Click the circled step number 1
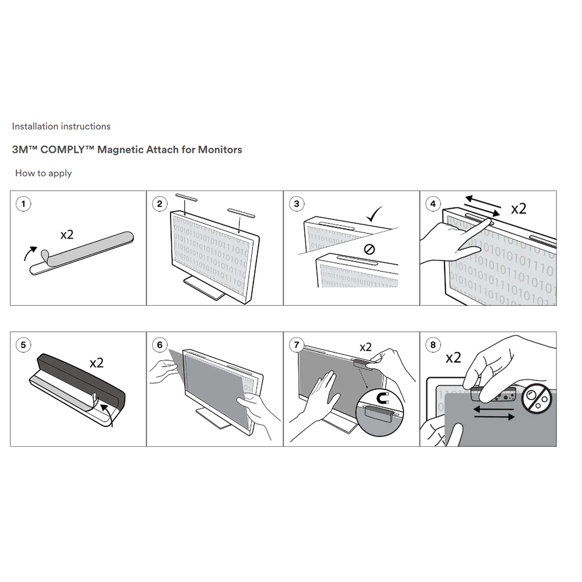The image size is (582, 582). click(x=23, y=204)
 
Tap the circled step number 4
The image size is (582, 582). click(x=433, y=204)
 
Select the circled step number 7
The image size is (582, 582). click(x=296, y=345)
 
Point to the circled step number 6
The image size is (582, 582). click(x=160, y=345)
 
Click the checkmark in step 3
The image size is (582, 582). click(x=374, y=214)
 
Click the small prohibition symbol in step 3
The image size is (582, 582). click(x=369, y=250)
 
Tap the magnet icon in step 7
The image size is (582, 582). click(x=383, y=398)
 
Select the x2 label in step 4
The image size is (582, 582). click(x=518, y=209)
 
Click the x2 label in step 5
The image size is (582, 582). click(x=97, y=363)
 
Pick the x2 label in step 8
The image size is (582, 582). click(x=453, y=357)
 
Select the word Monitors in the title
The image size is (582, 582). click(x=220, y=149)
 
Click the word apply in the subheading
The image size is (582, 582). click(x=60, y=173)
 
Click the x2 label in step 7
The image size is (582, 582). click(x=365, y=347)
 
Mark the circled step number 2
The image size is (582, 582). click(x=160, y=204)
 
